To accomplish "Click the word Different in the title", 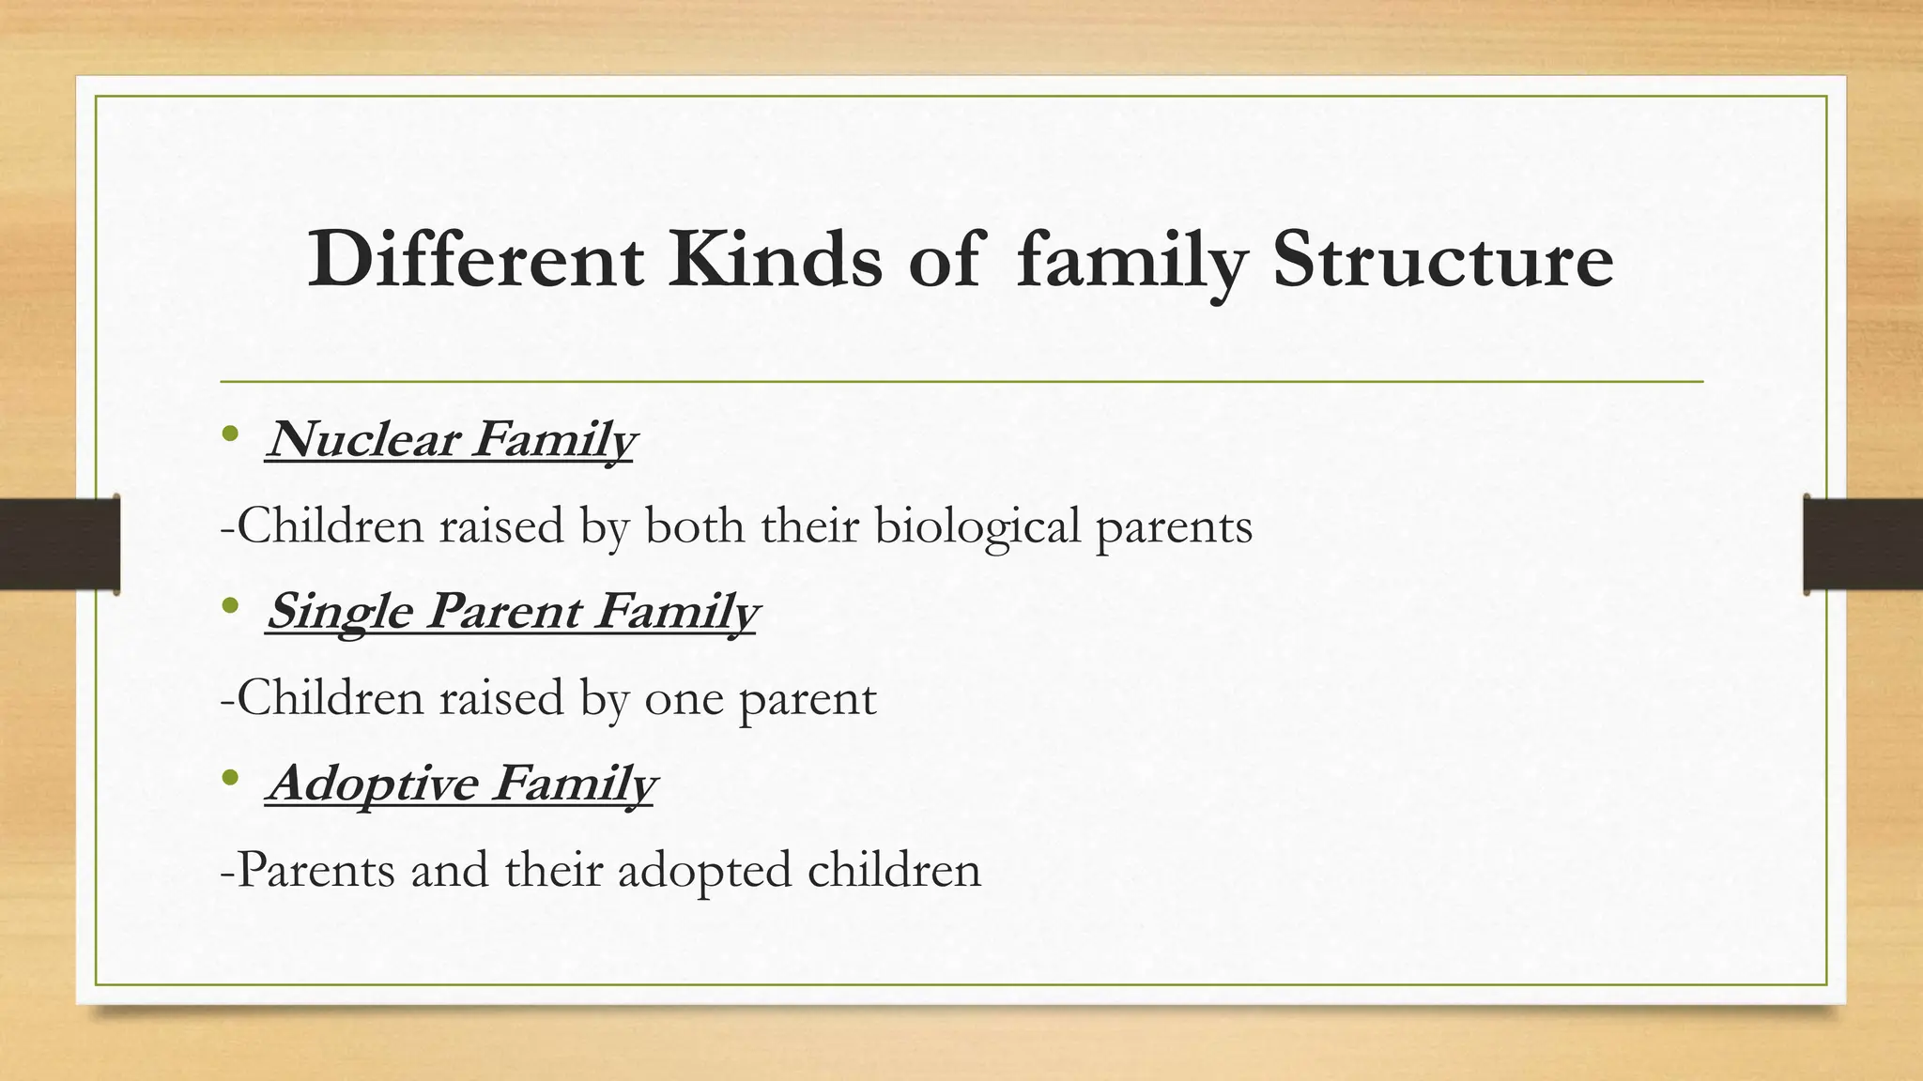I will pyautogui.click(x=475, y=260).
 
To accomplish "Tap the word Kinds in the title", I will pyautogui.click(x=776, y=260).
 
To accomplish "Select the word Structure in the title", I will pyautogui.click(x=1442, y=260).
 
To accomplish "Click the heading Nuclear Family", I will pyautogui.click(x=451, y=439).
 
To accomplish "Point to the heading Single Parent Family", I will pyautogui.click(x=512, y=612).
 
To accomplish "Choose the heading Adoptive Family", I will pyautogui.click(x=461, y=784).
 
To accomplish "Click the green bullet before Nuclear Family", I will pyautogui.click(x=231, y=435).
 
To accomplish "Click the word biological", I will pyautogui.click(x=977, y=526).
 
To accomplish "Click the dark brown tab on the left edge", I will pyautogui.click(x=59, y=544).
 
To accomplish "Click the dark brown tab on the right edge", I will pyautogui.click(x=1863, y=544).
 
